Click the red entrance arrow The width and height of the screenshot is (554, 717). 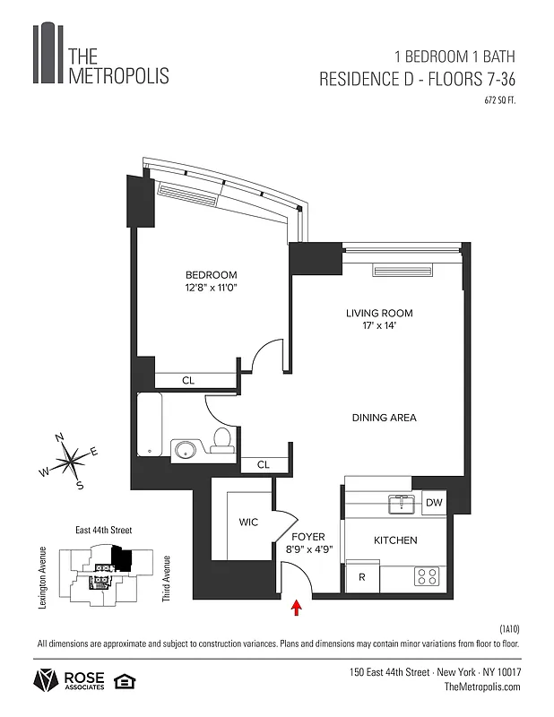tap(297, 609)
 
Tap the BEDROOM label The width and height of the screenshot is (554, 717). tap(211, 274)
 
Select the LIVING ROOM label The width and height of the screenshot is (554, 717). tap(379, 313)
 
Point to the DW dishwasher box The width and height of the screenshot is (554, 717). tap(433, 503)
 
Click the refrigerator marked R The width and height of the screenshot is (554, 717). tap(361, 577)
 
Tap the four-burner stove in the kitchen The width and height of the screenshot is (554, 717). tap(425, 576)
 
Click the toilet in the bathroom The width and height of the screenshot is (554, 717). tap(221, 439)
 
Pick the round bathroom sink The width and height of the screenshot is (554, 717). tap(185, 449)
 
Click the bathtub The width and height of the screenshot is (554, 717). tap(150, 426)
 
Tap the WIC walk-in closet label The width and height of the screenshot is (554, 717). tap(248, 523)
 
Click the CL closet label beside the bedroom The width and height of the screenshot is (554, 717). tap(188, 381)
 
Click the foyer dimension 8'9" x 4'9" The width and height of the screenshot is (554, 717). tap(309, 550)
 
